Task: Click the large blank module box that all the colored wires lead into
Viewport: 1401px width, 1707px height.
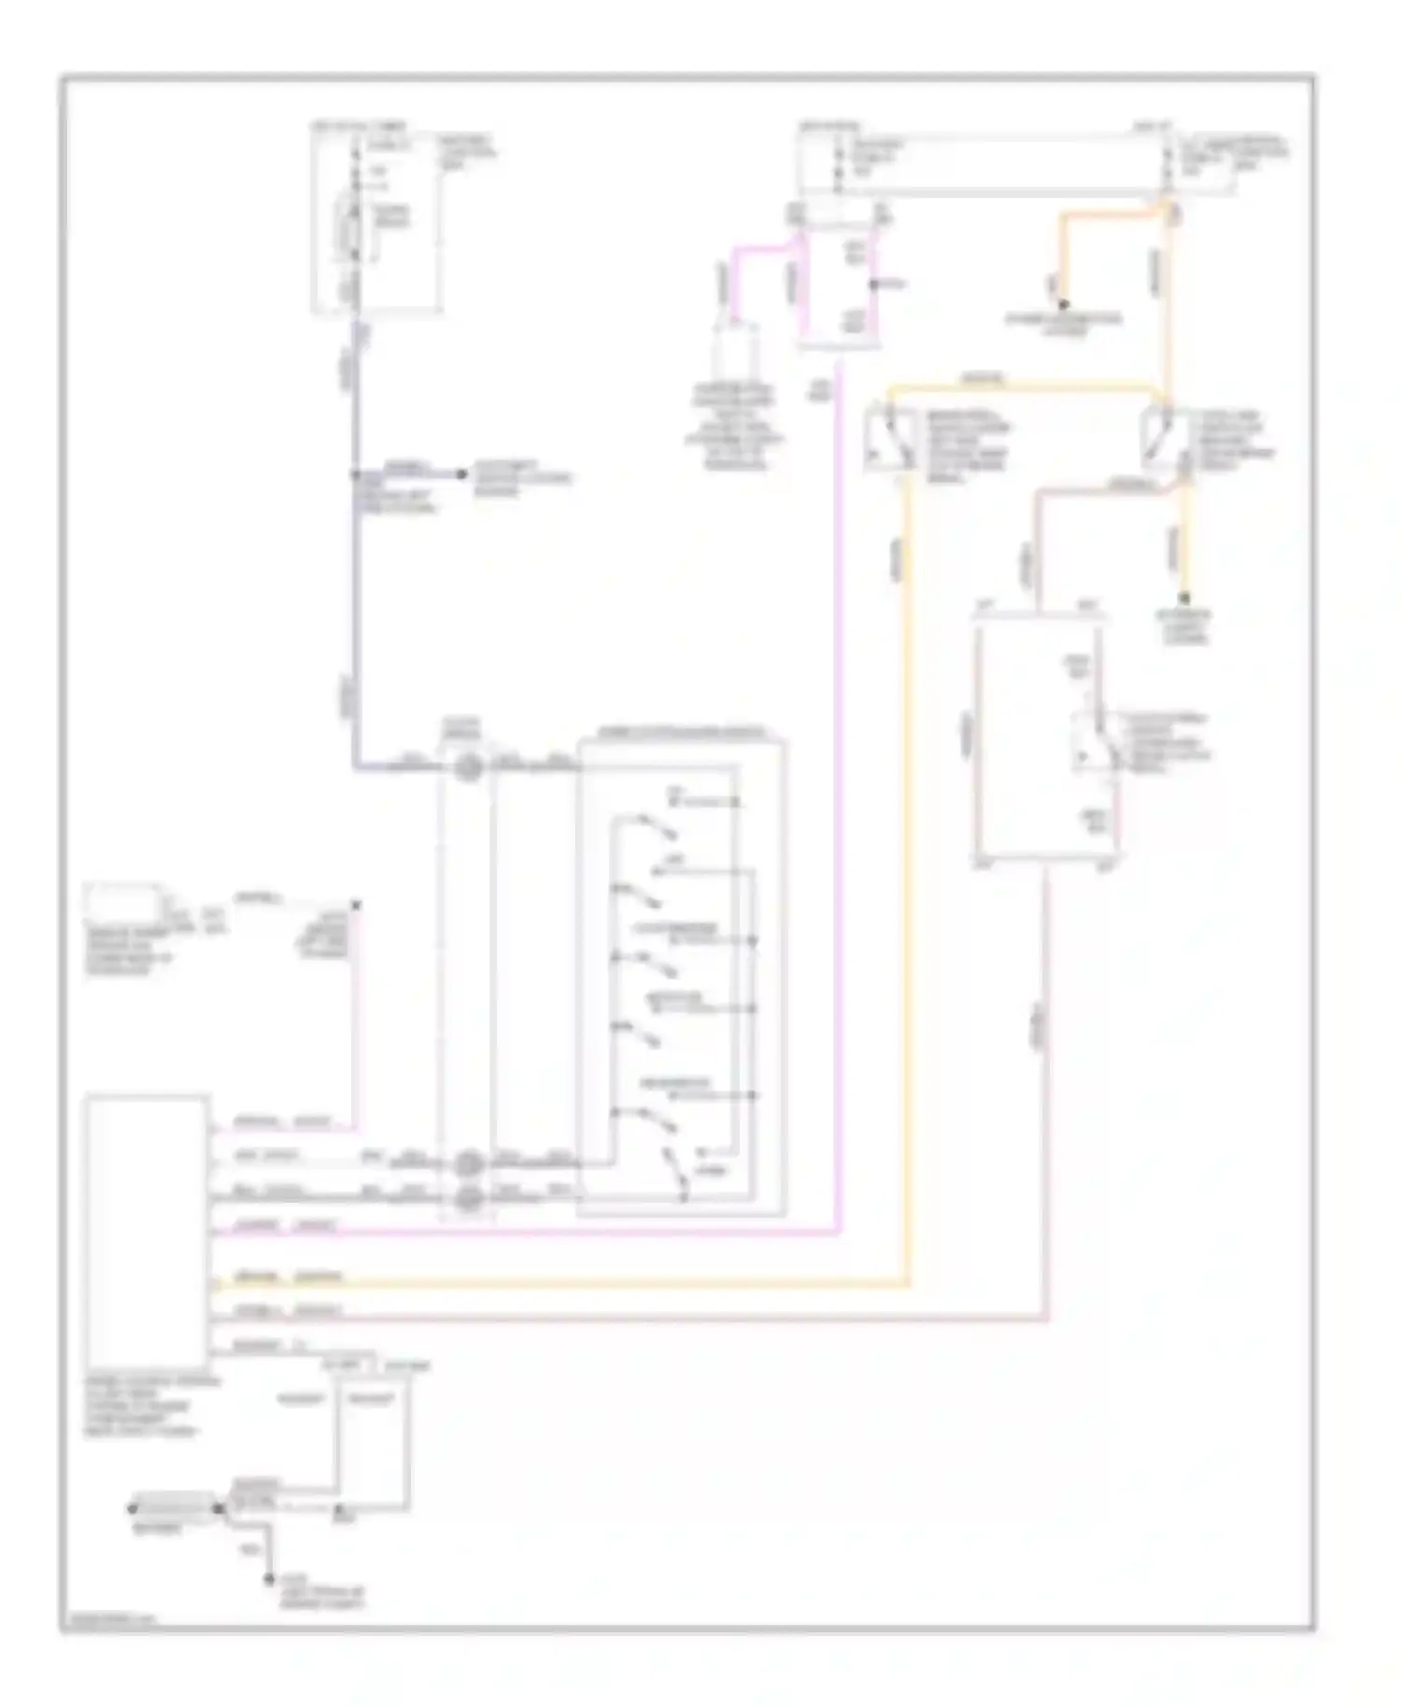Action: click(146, 1231)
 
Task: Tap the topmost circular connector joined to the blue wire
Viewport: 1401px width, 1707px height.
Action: click(468, 768)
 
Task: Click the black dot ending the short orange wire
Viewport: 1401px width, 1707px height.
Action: click(1063, 304)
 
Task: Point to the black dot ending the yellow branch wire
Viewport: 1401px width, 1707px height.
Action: click(1183, 598)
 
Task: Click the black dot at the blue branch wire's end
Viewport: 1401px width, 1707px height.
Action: click(461, 474)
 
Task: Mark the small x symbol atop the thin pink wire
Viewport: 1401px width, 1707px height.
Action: click(355, 905)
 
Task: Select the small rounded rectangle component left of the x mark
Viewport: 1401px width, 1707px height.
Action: click(123, 902)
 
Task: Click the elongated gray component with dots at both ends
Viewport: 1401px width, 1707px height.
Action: click(174, 1506)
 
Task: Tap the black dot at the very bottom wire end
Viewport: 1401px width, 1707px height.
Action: click(268, 1579)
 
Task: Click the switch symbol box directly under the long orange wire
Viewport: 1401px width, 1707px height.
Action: click(1165, 439)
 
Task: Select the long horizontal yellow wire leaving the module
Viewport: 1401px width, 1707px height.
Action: click(560, 1287)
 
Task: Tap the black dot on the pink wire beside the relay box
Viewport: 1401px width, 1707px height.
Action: click(873, 283)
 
